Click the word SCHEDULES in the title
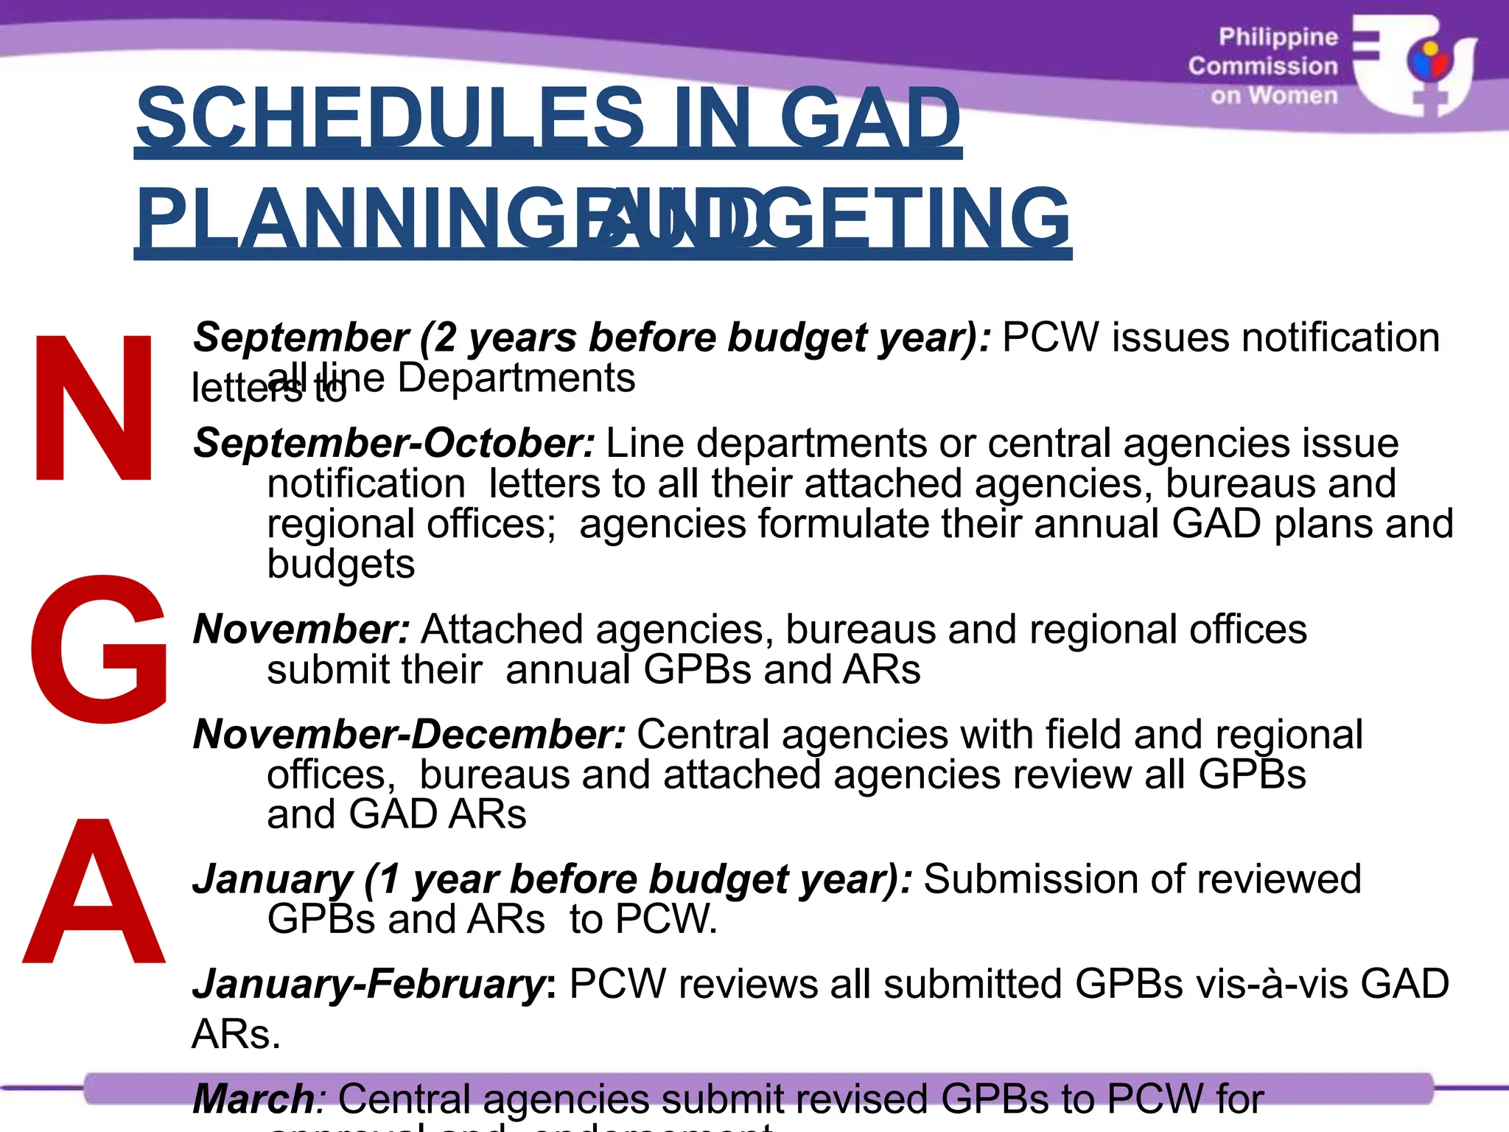coord(391,118)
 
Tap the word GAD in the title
coord(869,118)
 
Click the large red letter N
coord(94,408)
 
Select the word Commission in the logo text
coord(1262,66)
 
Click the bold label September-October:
coord(394,444)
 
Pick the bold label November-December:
coord(409,735)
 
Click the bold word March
coord(253,1099)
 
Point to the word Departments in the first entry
coord(516,379)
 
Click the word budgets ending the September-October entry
coord(340,565)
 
